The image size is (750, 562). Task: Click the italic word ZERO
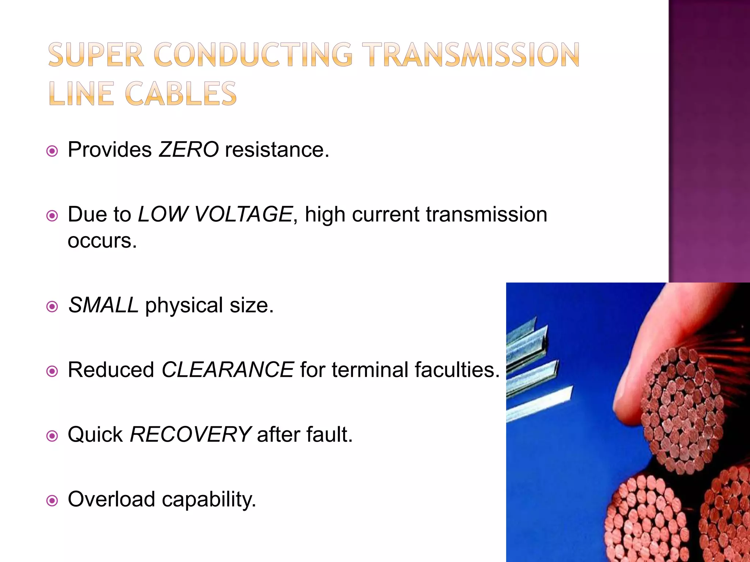(x=189, y=150)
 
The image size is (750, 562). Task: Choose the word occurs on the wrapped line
(x=102, y=241)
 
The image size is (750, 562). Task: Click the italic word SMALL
(x=103, y=305)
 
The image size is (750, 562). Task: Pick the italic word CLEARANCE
(x=227, y=370)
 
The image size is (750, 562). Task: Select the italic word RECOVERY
(x=190, y=435)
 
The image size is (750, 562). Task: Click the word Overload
(x=111, y=499)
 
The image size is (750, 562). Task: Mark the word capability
(x=209, y=500)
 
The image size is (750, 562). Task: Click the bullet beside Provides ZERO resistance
(x=52, y=151)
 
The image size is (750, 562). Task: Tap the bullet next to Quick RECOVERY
(x=52, y=436)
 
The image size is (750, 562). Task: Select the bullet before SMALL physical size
(x=52, y=307)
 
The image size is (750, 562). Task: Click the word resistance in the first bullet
(x=277, y=150)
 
